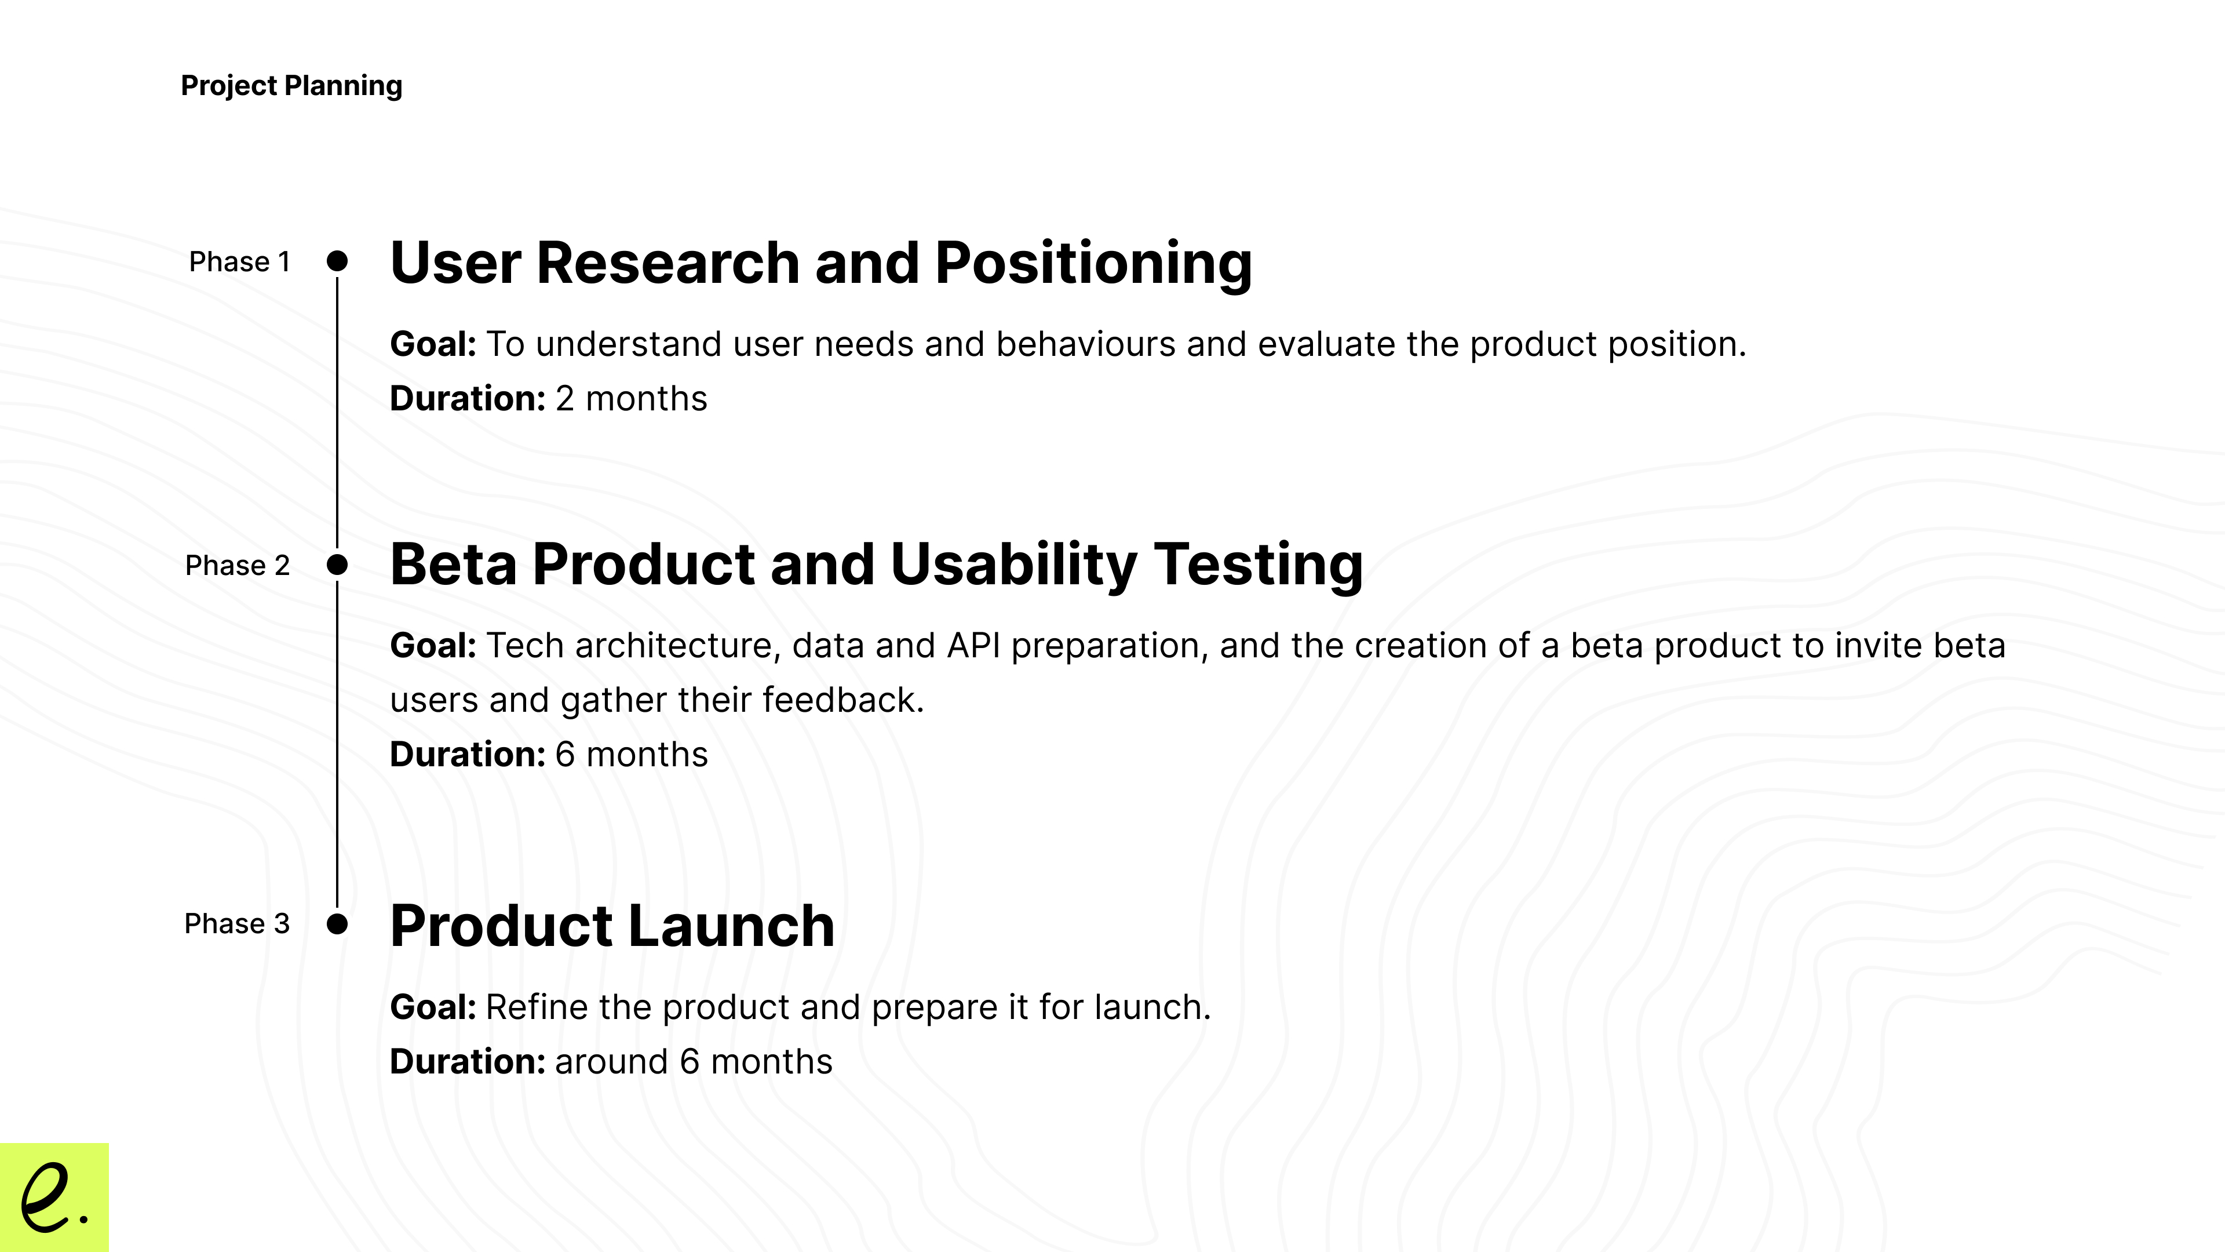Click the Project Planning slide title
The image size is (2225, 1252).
(x=291, y=86)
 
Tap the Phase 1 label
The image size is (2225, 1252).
(x=239, y=262)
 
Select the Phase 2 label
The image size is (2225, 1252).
(x=238, y=565)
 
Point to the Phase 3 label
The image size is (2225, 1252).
(x=236, y=924)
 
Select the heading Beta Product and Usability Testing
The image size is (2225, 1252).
(x=876, y=565)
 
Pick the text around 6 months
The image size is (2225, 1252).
(x=694, y=1062)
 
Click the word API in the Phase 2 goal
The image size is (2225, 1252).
(x=973, y=646)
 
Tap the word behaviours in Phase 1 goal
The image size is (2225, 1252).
(x=1086, y=344)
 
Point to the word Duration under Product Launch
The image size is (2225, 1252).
(x=467, y=1062)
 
